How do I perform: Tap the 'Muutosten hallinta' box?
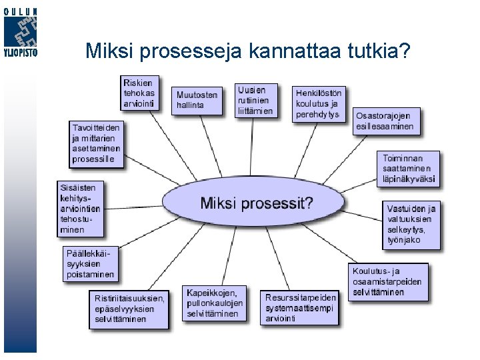197,100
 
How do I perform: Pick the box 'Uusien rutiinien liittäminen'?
255,100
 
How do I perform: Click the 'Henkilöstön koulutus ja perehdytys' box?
318,103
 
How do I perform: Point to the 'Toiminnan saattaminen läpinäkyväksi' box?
409,169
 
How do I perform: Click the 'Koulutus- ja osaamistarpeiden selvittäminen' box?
389,281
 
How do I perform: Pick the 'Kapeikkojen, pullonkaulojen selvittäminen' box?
215,303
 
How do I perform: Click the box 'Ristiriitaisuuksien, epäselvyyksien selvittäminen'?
128,309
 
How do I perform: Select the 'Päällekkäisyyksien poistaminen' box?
90,263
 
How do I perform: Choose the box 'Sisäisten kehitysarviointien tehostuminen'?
81,209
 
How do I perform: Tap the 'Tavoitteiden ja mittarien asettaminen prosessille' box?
97,143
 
